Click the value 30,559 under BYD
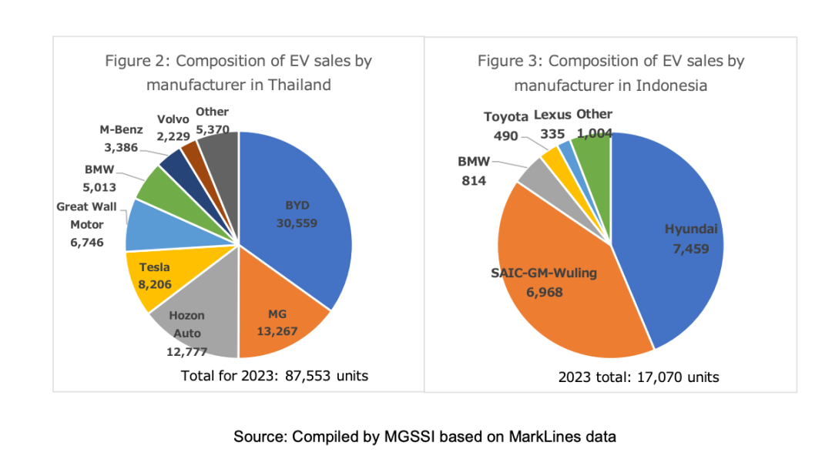point(297,223)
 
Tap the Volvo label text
point(173,119)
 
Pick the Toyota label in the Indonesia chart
point(506,117)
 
